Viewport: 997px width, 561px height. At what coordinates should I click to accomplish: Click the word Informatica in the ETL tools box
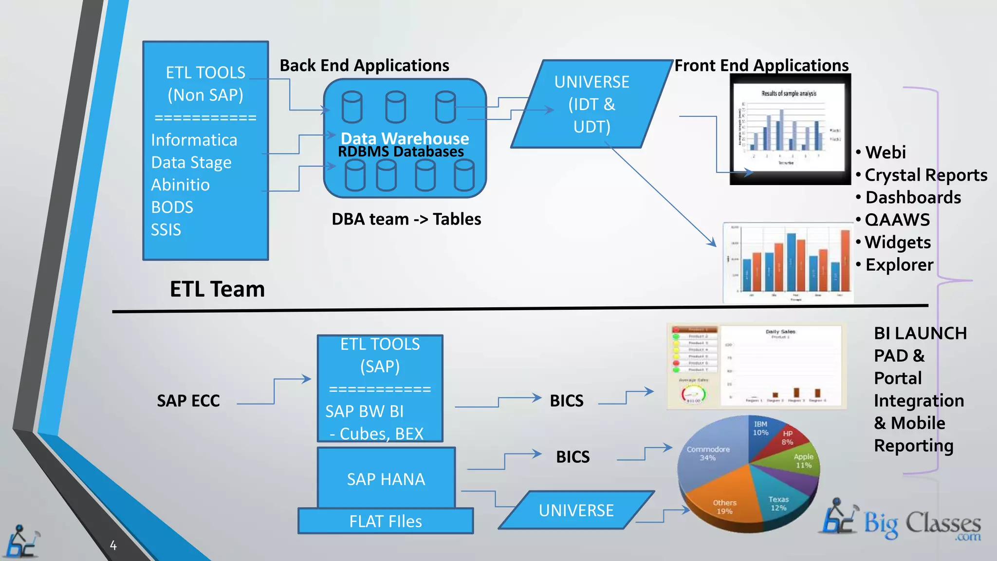(x=194, y=140)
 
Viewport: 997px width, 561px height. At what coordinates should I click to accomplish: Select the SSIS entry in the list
(x=166, y=229)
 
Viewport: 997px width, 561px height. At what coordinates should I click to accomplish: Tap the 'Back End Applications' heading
(x=364, y=65)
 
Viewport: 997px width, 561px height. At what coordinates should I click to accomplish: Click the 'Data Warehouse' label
(x=405, y=138)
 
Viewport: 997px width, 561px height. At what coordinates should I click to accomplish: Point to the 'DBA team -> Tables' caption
(x=406, y=219)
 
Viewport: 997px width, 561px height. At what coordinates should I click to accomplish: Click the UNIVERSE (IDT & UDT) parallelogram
(x=591, y=104)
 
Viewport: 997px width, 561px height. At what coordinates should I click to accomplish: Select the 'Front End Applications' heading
(x=761, y=65)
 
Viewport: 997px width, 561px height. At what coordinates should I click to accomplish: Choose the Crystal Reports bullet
(x=925, y=175)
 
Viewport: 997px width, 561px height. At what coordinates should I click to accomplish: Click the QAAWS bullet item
(x=897, y=220)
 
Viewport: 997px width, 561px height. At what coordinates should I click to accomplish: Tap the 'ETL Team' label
(x=217, y=289)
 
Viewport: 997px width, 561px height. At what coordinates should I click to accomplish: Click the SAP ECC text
(x=188, y=401)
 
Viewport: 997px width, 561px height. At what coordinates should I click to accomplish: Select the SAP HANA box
(x=386, y=479)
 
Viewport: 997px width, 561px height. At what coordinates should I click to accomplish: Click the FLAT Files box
(x=385, y=522)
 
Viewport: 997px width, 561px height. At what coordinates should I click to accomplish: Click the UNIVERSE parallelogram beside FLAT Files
(x=576, y=510)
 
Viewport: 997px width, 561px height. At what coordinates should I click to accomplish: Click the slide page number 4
(x=113, y=545)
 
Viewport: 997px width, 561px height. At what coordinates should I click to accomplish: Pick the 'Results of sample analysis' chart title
(x=789, y=93)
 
